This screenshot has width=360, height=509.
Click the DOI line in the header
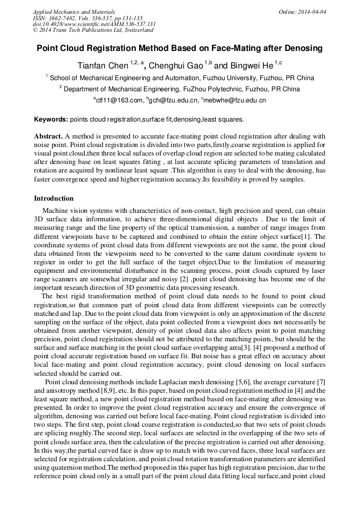point(94,24)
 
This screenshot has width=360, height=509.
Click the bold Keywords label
point(50,119)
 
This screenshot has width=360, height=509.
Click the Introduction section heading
point(54,199)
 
